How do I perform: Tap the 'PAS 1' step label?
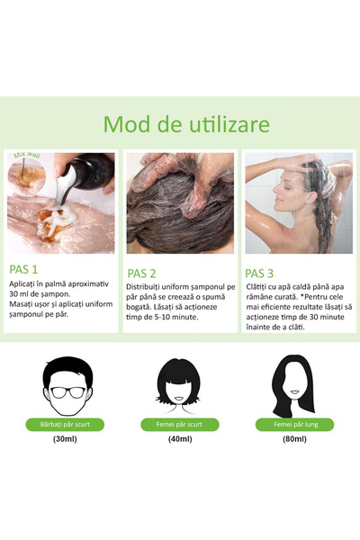[x=23, y=268]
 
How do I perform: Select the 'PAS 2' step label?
[x=142, y=273]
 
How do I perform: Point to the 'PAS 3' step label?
[x=261, y=269]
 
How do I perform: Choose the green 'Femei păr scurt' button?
[x=179, y=424]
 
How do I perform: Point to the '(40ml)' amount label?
[x=179, y=440]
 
